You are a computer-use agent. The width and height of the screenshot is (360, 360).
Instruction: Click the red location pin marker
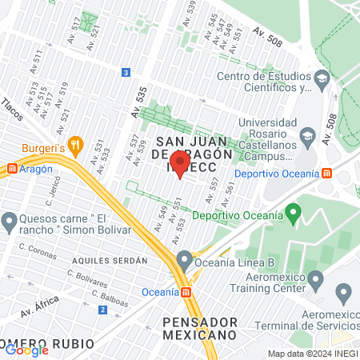coord(179,165)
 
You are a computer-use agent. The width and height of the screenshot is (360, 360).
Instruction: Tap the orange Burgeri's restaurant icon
coord(76,145)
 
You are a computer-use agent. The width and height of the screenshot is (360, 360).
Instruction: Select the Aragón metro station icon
coord(11,169)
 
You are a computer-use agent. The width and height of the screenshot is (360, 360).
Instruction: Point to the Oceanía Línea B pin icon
coord(185,260)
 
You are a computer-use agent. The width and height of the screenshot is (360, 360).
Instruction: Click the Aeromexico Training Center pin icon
coord(315,280)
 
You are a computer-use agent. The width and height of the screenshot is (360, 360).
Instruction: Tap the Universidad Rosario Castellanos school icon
coord(307,138)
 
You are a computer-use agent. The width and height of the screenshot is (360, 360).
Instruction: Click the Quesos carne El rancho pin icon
coord(10,220)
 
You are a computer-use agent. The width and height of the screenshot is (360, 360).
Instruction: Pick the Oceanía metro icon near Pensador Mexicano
coord(186,292)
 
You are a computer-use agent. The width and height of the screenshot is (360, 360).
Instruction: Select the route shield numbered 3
coord(126,73)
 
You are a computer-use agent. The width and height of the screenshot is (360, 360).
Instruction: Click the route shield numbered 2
coord(103,310)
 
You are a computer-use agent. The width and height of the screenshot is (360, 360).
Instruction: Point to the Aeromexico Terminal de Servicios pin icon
coord(345,293)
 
